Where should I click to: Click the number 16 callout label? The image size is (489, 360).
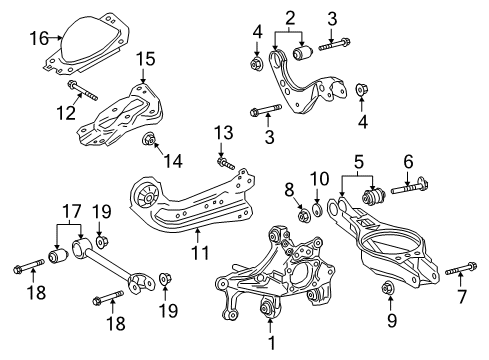pos(38,39)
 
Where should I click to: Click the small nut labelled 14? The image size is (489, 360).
pos(150,139)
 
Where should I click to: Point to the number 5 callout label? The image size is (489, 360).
pos(359,160)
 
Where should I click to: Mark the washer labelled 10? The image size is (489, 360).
pos(318,210)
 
